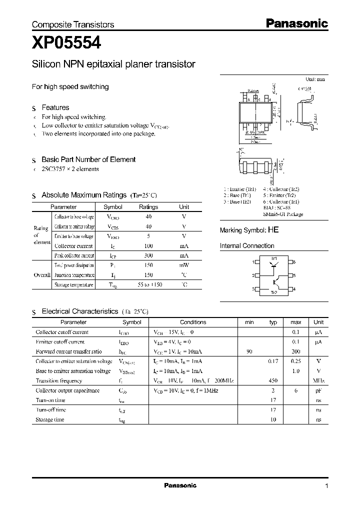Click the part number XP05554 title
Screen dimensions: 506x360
66,44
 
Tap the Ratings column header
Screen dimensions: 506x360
148,207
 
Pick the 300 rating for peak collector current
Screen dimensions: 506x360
148,255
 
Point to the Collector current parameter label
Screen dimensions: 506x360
73,245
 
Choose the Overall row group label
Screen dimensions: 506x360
42,275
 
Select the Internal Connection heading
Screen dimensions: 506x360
247,246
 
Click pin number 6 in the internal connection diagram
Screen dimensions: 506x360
295,262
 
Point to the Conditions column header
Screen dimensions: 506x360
193,322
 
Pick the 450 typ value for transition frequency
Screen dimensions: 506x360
273,380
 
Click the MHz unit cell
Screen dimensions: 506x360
318,380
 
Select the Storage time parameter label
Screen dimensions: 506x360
50,419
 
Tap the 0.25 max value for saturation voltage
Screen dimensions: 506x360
295,361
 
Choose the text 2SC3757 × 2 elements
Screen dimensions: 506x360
70,169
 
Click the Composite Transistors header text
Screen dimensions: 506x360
73,24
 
